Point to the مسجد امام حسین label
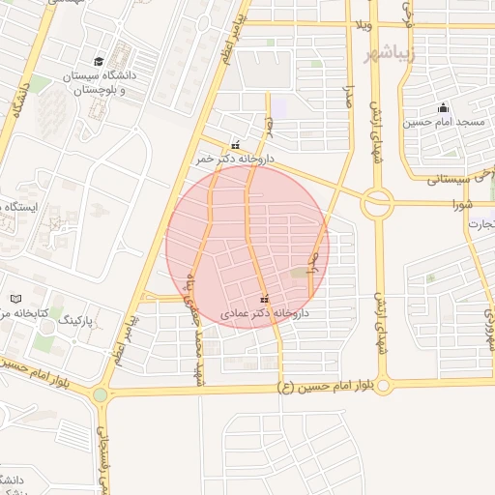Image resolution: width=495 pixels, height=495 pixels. coord(442,122)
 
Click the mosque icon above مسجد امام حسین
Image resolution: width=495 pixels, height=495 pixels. coord(443,107)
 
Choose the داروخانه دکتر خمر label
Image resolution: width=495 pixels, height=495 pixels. coord(235,158)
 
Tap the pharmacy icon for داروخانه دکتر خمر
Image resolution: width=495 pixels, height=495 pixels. coord(235,145)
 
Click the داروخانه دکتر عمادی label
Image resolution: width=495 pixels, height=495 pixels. coord(264,313)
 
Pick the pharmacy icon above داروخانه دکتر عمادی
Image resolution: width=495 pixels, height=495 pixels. coord(265,299)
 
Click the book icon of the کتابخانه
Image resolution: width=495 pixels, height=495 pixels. coord(14,300)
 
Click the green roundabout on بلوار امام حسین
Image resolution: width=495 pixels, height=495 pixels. coord(100,394)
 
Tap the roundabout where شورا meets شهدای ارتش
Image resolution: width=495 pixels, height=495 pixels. coord(376,203)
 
